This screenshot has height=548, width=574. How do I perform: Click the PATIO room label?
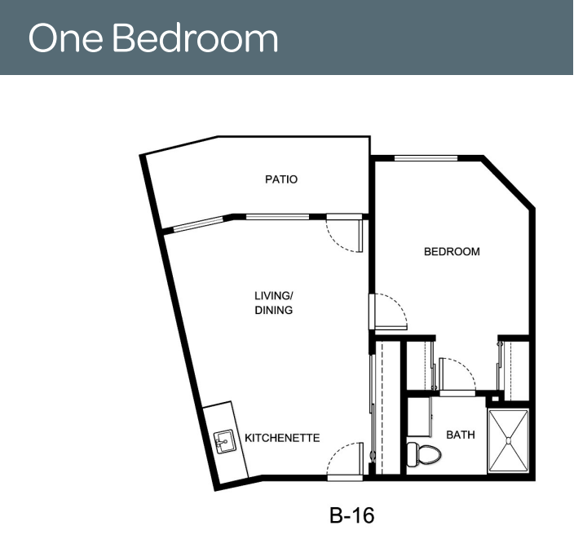point(281,179)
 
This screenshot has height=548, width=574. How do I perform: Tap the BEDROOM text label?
point(452,251)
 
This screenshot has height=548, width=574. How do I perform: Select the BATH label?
point(461,435)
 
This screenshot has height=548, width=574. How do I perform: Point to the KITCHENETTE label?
point(282,438)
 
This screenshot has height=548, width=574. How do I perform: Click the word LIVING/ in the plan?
point(274,295)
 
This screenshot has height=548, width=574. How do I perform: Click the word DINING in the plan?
point(274,310)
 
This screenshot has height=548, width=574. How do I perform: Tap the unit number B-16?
point(351,515)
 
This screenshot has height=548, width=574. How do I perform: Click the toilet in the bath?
point(423,454)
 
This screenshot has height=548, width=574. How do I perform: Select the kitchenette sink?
point(223,441)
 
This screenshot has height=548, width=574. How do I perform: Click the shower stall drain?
point(509,440)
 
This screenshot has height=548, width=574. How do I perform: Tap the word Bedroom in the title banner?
point(195,38)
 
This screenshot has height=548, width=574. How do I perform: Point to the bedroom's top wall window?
point(426,158)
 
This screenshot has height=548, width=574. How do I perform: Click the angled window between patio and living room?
point(198,224)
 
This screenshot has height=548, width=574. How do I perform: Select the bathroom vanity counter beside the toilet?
point(419,417)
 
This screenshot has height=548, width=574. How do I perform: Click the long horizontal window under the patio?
point(277,217)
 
